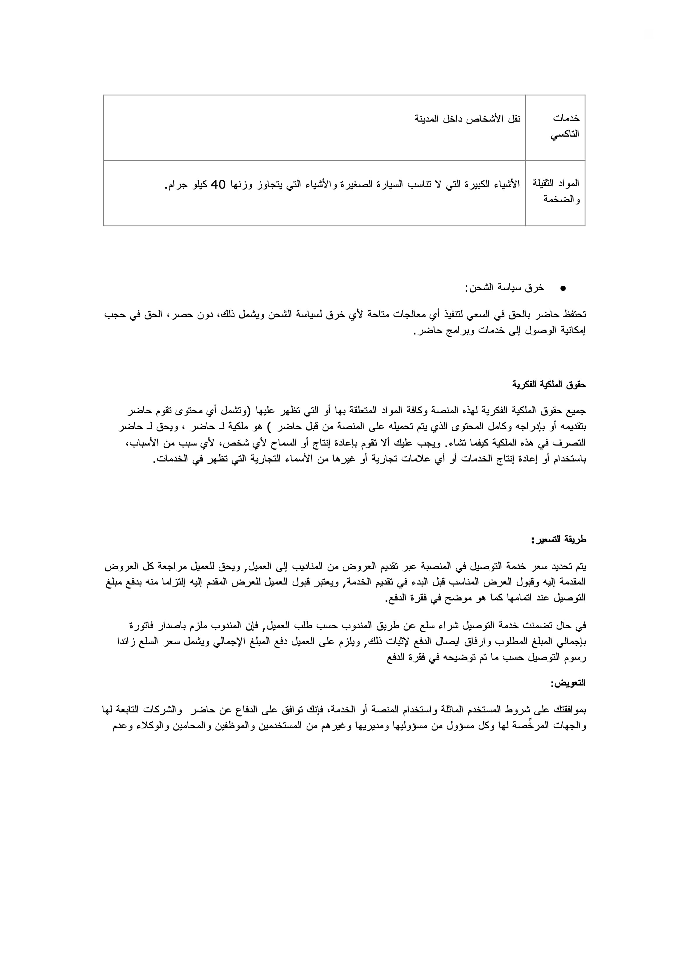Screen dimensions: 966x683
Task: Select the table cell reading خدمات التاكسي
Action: (x=565, y=126)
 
